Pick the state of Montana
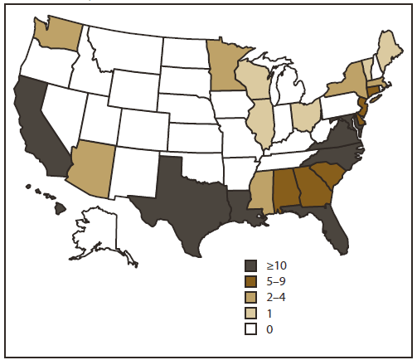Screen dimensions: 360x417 (124, 46)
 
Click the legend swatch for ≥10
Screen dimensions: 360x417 (251, 265)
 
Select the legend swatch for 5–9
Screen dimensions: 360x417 (251, 281)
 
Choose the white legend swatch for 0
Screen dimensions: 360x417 (251, 328)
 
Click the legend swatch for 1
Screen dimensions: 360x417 (251, 313)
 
